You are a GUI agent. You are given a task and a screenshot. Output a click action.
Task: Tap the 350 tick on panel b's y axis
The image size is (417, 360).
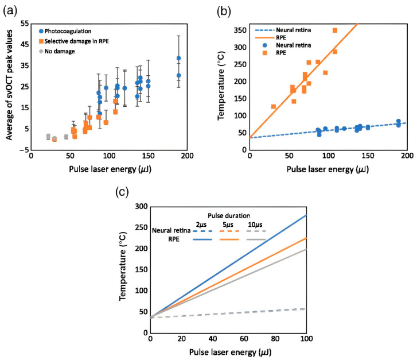pos(240,30)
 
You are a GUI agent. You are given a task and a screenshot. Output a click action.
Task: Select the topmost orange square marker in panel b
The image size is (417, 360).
pos(335,30)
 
